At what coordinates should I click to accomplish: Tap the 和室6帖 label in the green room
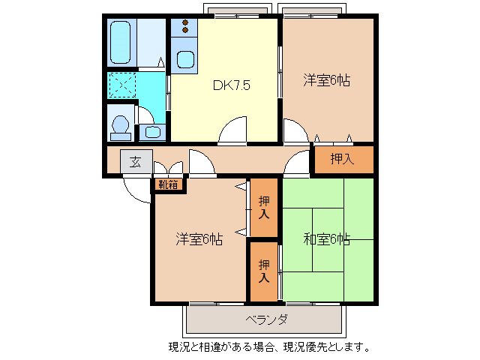(x=326, y=239)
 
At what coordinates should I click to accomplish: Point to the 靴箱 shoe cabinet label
(x=168, y=183)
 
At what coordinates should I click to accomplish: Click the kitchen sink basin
(x=184, y=60)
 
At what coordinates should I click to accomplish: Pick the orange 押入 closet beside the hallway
(x=343, y=159)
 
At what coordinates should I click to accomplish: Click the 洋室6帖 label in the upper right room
(x=327, y=79)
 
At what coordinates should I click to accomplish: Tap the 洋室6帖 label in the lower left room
(x=199, y=239)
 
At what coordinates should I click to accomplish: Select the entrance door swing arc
(x=136, y=190)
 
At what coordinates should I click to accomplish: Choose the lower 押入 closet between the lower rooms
(x=263, y=269)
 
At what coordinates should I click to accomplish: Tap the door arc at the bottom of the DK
(x=233, y=130)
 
